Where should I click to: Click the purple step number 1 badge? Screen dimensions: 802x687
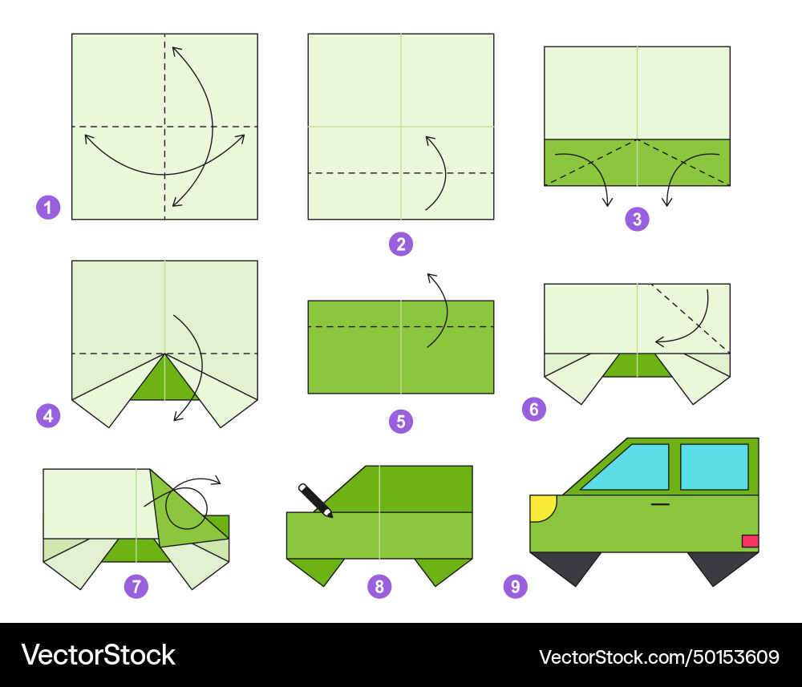point(48,208)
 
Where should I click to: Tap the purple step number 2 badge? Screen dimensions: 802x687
point(400,244)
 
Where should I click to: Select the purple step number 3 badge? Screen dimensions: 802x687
point(637,219)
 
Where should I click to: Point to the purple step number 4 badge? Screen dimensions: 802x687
point(48,415)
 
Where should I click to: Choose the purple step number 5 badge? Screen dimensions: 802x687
point(400,421)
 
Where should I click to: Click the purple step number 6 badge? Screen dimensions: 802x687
point(534,409)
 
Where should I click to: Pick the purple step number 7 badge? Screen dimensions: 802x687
point(136,586)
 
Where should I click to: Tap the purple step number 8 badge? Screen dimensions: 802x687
point(379,586)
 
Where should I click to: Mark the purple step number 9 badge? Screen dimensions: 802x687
point(515,586)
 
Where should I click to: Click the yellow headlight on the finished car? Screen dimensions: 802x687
point(541,507)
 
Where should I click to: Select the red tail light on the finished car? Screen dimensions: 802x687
point(751,541)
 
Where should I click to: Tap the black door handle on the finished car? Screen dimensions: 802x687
point(660,504)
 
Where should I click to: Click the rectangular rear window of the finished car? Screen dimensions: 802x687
point(715,467)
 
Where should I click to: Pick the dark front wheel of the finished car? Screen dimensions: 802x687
point(565,568)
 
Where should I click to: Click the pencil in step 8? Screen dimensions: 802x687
point(315,500)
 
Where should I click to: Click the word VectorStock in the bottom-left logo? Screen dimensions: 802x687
point(98,655)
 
